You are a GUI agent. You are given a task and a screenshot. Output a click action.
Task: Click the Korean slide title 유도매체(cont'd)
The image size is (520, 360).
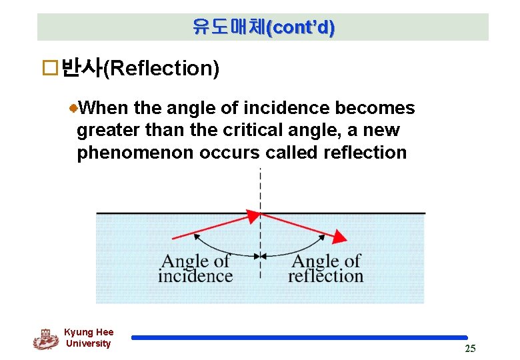point(263,27)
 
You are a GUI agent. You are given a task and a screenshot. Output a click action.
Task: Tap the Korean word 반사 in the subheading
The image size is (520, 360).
point(80,68)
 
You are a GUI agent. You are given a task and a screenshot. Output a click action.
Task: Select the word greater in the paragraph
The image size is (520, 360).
point(106,130)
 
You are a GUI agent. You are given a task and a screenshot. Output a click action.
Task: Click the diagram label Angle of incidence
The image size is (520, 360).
point(195,269)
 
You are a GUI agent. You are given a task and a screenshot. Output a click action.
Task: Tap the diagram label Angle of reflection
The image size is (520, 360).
point(326,269)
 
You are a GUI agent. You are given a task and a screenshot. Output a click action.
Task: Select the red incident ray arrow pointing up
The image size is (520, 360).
point(217,226)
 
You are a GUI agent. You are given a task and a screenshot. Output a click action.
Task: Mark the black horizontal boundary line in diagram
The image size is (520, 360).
point(167,213)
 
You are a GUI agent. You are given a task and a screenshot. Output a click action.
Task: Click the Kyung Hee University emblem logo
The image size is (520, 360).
point(46,339)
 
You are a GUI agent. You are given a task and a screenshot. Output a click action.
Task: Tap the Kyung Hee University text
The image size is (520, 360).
point(89,338)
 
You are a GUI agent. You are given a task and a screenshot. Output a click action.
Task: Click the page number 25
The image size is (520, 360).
point(470,349)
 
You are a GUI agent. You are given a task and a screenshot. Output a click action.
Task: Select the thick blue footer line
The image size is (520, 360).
point(300,338)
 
